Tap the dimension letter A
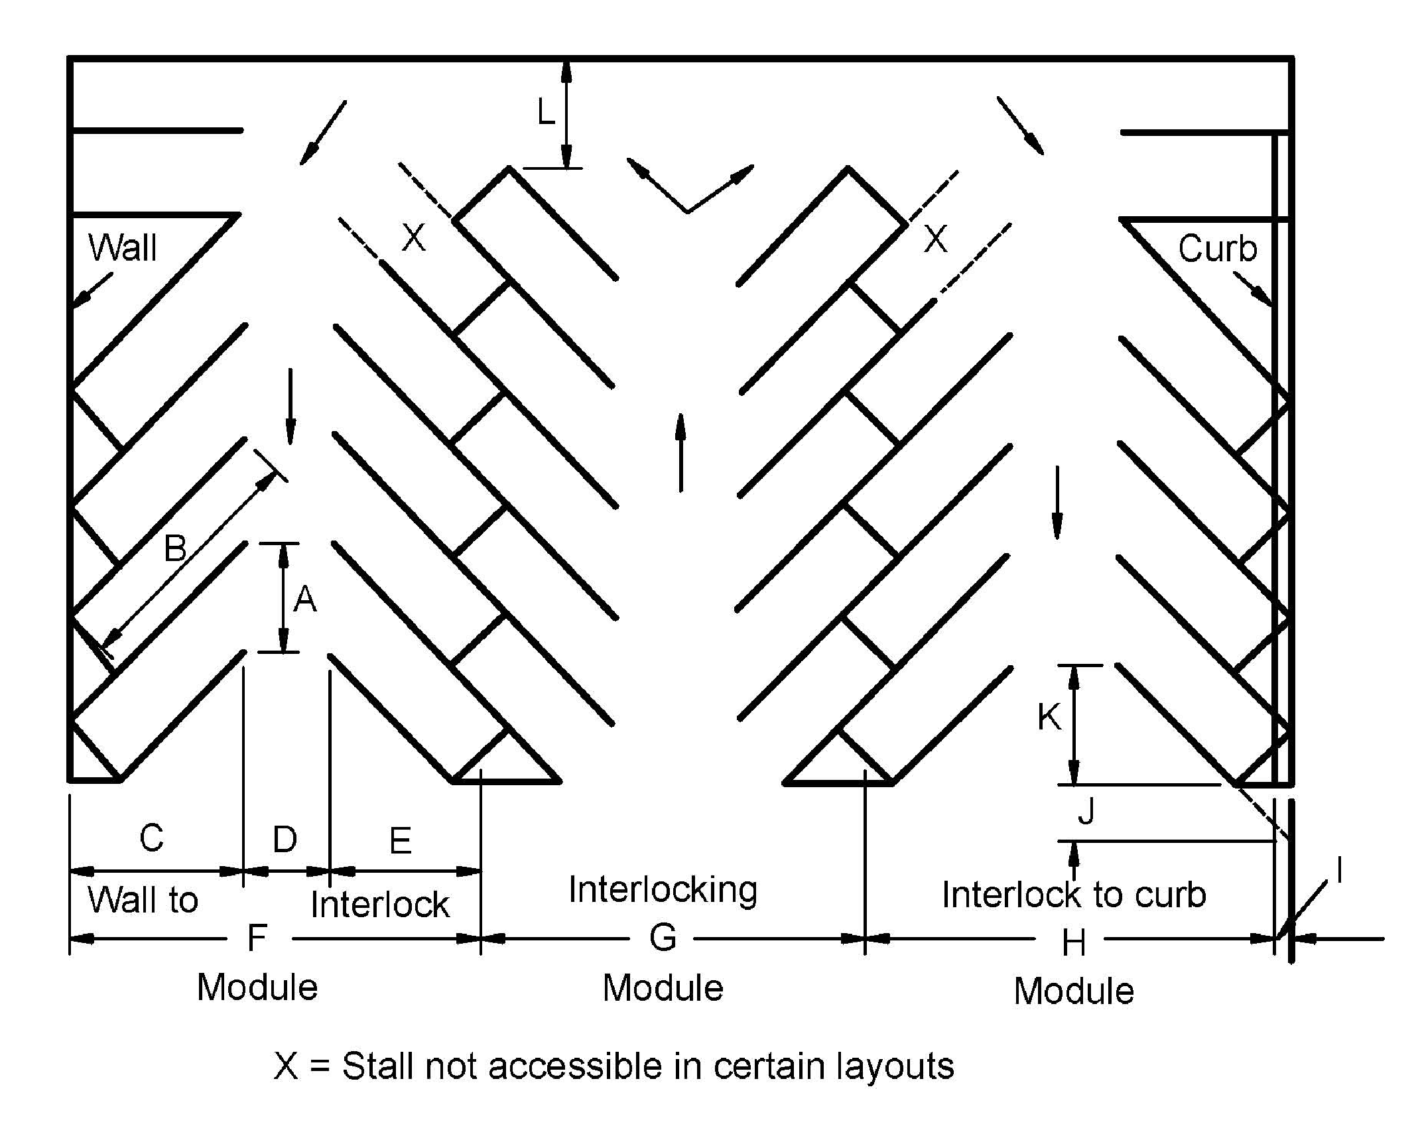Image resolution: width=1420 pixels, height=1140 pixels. tap(304, 600)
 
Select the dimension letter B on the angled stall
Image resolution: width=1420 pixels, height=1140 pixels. tap(175, 548)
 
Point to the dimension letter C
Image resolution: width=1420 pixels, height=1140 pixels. tap(151, 838)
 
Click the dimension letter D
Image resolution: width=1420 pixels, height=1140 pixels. tap(285, 840)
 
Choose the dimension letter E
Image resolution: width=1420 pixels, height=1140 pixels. tap(400, 841)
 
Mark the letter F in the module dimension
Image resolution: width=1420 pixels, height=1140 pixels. tap(257, 938)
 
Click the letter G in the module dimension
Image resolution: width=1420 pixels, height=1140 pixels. tap(663, 938)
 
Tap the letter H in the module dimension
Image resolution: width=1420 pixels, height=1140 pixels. tap(1073, 942)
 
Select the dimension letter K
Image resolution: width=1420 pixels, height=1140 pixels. tap(1049, 718)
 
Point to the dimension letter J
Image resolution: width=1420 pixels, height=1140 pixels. tap(1086, 810)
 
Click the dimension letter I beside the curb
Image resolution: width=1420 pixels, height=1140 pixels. tap(1340, 869)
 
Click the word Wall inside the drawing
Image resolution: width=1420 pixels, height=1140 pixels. tap(123, 248)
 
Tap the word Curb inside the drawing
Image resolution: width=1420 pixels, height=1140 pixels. tap(1217, 249)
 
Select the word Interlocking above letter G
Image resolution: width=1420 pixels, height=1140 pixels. tap(663, 890)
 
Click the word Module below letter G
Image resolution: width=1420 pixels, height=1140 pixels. tap(663, 988)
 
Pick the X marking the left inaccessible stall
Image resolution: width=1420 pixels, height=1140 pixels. tap(413, 237)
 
